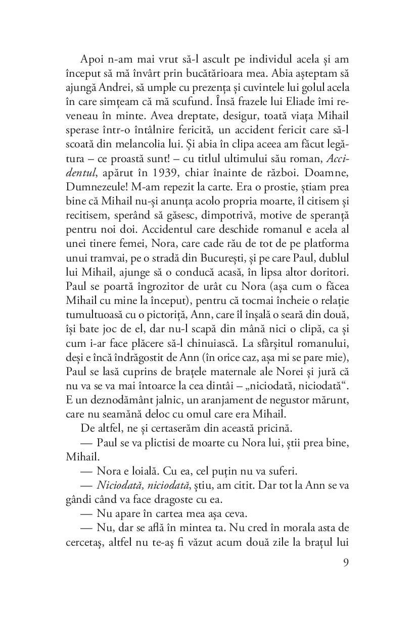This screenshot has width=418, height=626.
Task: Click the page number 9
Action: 345,563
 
